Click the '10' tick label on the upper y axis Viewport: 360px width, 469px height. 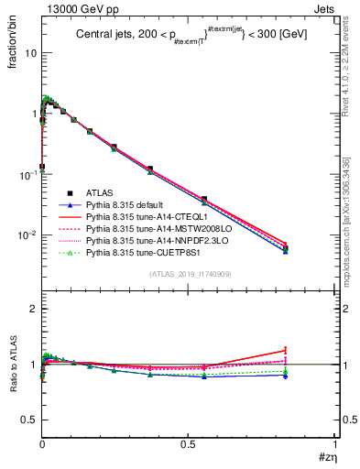coord(30,53)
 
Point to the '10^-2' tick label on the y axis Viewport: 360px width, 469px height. coord(27,235)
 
